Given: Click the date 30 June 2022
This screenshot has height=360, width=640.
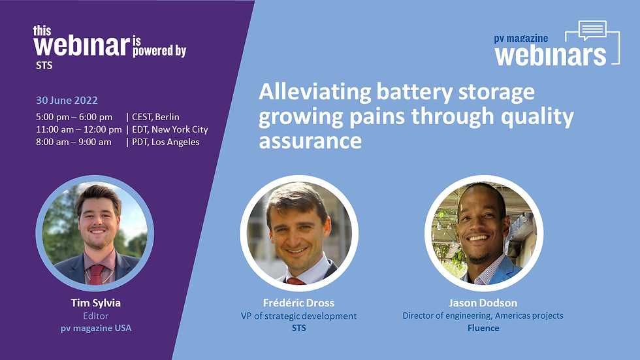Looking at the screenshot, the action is click(67, 101).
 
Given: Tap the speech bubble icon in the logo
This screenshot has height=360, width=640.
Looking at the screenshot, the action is click(593, 30).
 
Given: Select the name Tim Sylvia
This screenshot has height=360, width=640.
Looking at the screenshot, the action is click(96, 303).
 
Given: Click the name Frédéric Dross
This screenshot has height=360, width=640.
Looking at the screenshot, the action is click(299, 303).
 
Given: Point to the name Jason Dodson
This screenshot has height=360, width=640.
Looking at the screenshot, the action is click(483, 303).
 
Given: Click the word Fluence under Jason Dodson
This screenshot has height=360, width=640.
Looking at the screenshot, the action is click(483, 328).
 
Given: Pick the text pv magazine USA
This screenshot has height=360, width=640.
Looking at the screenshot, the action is click(96, 328).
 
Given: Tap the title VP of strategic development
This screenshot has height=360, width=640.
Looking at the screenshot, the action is click(299, 316).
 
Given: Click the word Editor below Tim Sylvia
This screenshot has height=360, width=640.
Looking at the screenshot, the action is click(96, 316).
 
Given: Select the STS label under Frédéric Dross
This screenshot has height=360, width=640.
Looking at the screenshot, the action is click(299, 328).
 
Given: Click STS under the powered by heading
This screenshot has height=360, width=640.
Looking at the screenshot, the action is click(44, 65).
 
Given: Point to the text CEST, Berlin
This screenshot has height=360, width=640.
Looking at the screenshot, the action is click(155, 117).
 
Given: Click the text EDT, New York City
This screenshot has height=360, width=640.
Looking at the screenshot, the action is click(170, 130).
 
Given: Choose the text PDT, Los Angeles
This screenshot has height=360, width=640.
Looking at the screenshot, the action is click(166, 142).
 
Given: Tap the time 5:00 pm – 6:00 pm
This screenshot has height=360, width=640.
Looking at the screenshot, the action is click(74, 117).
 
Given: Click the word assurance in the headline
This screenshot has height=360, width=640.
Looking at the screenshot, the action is click(310, 141).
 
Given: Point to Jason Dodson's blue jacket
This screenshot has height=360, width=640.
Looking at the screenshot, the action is click(504, 271).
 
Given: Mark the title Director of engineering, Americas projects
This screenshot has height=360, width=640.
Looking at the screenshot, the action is click(483, 316).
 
